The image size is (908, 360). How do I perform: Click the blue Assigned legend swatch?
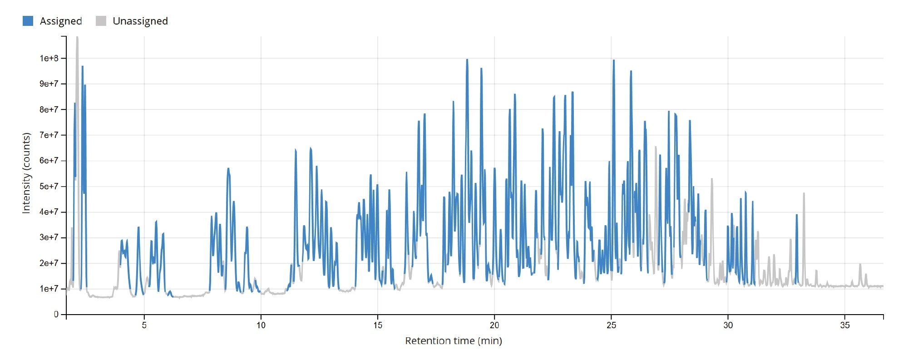(x=28, y=21)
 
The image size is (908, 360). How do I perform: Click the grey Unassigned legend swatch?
(x=101, y=21)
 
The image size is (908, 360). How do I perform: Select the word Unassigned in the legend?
(x=140, y=21)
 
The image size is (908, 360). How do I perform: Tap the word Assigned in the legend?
(x=60, y=21)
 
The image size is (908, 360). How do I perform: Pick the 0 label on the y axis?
(x=56, y=314)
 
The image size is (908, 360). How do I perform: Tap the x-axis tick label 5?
(x=144, y=325)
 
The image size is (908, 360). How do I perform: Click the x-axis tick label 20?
(x=494, y=325)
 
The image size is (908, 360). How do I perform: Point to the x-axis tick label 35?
(x=844, y=325)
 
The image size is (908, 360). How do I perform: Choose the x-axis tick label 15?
(x=378, y=325)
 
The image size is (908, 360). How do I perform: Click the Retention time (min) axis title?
(x=453, y=340)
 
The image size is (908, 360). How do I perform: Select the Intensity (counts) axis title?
(x=26, y=173)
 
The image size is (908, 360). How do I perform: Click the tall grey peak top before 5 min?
(x=77, y=38)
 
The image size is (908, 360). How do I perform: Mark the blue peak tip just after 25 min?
(x=613, y=60)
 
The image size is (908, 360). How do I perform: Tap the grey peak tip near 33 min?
(x=804, y=194)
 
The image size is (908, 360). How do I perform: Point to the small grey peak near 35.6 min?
(x=860, y=264)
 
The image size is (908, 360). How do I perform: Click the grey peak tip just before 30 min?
(x=711, y=179)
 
